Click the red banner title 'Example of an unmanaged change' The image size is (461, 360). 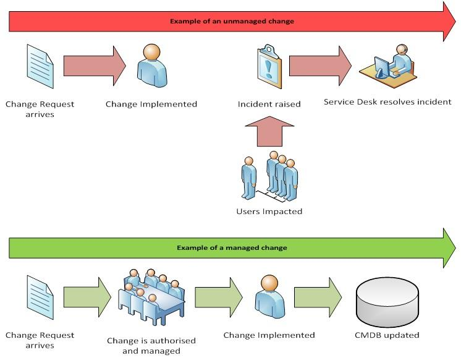coord(232,21)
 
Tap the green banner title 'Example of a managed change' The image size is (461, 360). coord(232,247)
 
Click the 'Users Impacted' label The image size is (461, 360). coord(269,211)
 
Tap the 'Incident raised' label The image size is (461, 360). coord(269,104)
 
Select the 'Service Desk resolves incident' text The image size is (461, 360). coord(387,101)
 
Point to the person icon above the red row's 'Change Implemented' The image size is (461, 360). coord(151,64)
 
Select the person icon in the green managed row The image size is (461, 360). coord(269,296)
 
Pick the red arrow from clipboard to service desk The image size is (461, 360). coord(320,64)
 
